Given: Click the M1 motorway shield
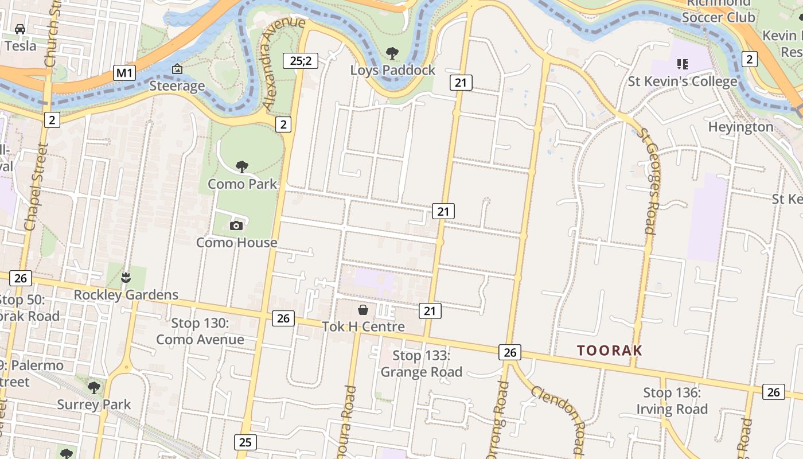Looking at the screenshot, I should coord(124,73).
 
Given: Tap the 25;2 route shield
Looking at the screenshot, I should coord(300,60).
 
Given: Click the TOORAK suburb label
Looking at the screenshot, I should coord(609,350).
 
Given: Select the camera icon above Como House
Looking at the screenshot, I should coord(236,226).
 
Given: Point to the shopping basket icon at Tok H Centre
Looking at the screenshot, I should coord(363,310).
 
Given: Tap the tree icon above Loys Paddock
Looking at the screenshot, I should coord(392,53).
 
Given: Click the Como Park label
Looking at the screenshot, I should coord(242,184).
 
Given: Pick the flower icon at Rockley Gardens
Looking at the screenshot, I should coord(126,278).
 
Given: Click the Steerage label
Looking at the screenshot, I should coord(177,86).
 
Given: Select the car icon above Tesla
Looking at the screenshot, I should coord(20,29).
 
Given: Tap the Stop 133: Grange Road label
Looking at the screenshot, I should coord(421,364).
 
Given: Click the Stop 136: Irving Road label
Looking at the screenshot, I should coord(672,400).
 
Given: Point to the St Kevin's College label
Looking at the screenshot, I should coord(683,81).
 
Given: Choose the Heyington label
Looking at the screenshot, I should coord(740,126).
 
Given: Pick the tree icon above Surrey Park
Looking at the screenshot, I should coord(94,388).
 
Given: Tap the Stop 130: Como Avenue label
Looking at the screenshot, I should coord(200,331).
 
